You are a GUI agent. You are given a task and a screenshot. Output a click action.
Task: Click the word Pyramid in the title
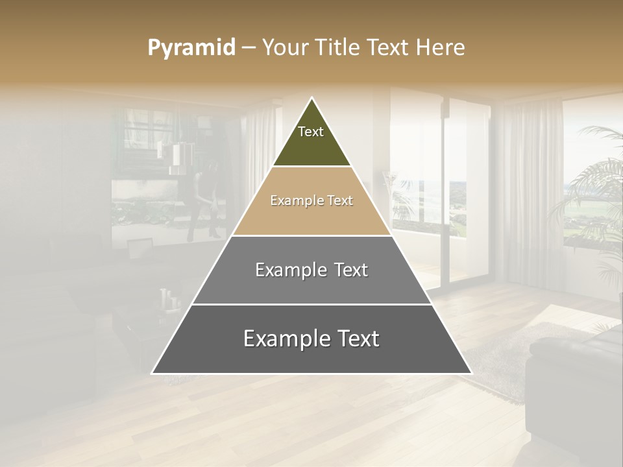(191, 48)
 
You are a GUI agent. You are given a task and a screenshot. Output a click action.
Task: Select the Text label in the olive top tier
(311, 132)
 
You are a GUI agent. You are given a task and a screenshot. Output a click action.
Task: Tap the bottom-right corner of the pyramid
(470, 373)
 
